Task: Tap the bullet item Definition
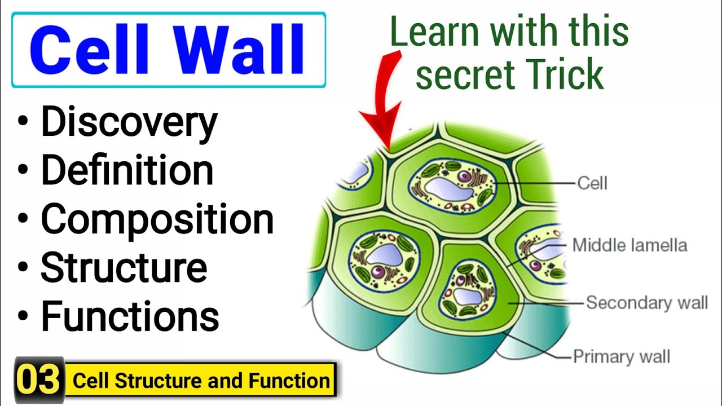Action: tap(127, 171)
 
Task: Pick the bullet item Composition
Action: tap(157, 219)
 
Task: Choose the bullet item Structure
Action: tap(124, 267)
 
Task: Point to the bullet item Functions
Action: tap(130, 316)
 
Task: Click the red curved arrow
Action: tap(384, 101)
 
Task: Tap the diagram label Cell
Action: tap(592, 183)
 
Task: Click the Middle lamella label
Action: tap(629, 245)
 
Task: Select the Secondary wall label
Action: tap(646, 302)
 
